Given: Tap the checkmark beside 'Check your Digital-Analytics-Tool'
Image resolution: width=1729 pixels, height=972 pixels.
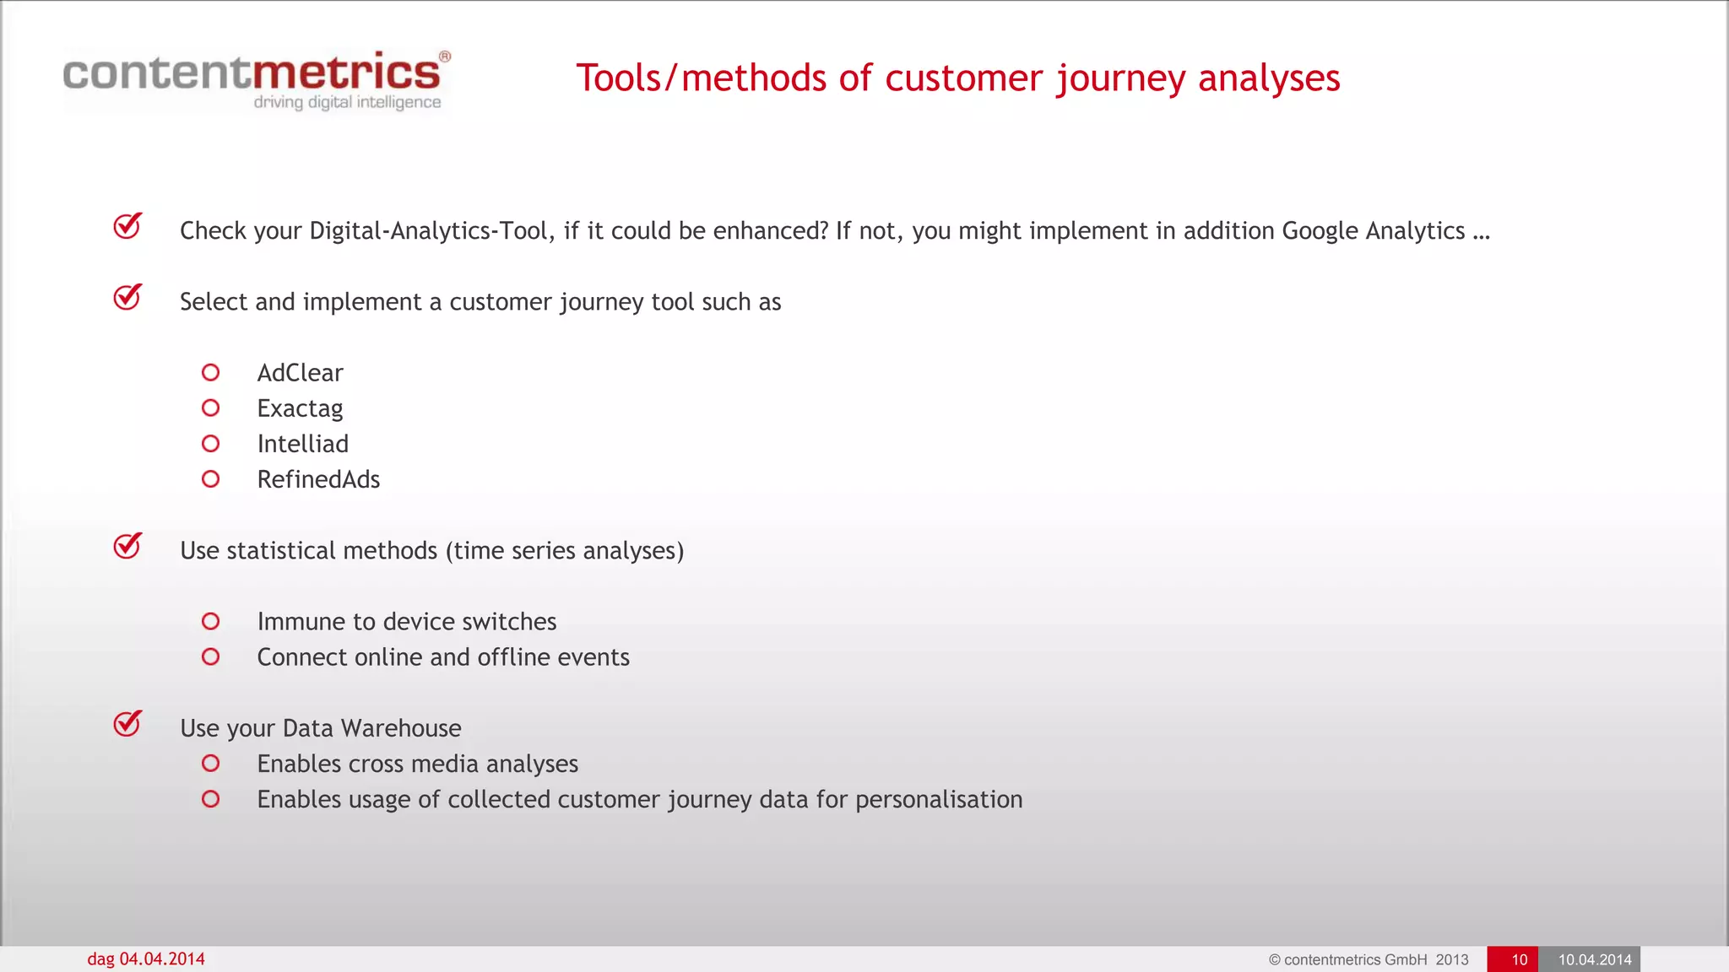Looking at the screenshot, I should [x=127, y=226].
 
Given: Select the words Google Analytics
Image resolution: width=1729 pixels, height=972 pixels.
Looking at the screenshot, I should [x=1373, y=230].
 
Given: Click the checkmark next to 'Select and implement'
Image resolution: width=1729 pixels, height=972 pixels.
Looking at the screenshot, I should [x=127, y=297].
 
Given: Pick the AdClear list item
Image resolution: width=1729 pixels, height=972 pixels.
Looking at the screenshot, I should [x=300, y=373].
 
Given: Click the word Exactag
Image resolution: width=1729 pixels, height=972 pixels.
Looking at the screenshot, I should [x=300, y=409].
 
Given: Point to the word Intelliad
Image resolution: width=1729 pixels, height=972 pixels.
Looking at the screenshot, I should [x=302, y=444].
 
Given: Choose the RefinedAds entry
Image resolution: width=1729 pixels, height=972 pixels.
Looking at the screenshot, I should [x=318, y=479].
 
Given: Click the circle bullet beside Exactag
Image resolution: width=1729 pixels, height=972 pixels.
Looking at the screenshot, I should [x=211, y=408].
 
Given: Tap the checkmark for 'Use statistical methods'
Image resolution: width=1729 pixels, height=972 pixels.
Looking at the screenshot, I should [x=127, y=546].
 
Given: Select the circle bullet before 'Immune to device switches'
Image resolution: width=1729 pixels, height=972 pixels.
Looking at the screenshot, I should [x=211, y=622].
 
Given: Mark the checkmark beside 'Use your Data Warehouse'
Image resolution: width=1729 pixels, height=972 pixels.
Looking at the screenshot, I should [x=127, y=723].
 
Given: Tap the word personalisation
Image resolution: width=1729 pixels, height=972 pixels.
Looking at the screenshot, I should [x=938, y=800].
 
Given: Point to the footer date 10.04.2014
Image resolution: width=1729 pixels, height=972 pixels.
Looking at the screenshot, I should [x=1594, y=959].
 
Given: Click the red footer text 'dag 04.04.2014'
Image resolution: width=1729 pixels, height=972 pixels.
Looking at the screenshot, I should [x=146, y=959].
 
